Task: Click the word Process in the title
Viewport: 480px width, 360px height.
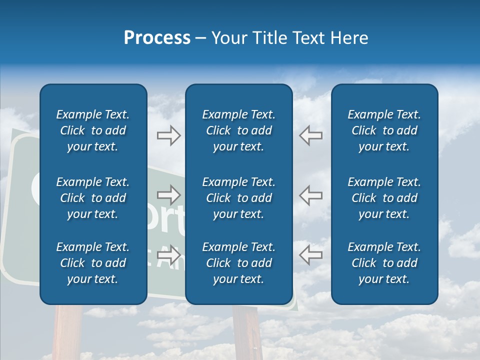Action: click(157, 38)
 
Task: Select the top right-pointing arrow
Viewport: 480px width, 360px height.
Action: click(168, 135)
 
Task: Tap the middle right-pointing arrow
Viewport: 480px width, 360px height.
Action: click(168, 195)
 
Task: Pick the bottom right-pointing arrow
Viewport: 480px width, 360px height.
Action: click(168, 254)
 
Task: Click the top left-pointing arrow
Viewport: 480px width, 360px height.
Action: click(310, 135)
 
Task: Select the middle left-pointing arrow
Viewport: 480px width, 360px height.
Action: click(310, 195)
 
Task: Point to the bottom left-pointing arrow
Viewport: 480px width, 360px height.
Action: click(310, 254)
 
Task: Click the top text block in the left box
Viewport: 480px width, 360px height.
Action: click(93, 130)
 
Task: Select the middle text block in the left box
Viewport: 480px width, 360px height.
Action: click(93, 198)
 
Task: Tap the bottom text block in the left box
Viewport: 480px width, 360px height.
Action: click(93, 263)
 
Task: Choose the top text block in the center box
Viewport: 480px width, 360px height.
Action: click(238, 130)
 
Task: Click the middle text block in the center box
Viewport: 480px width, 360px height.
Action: click(238, 198)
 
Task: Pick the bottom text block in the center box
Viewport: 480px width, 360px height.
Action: click(238, 263)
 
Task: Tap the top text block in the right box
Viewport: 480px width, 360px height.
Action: click(384, 130)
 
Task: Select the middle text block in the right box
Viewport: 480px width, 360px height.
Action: click(384, 198)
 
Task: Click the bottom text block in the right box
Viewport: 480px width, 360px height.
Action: click(384, 263)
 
